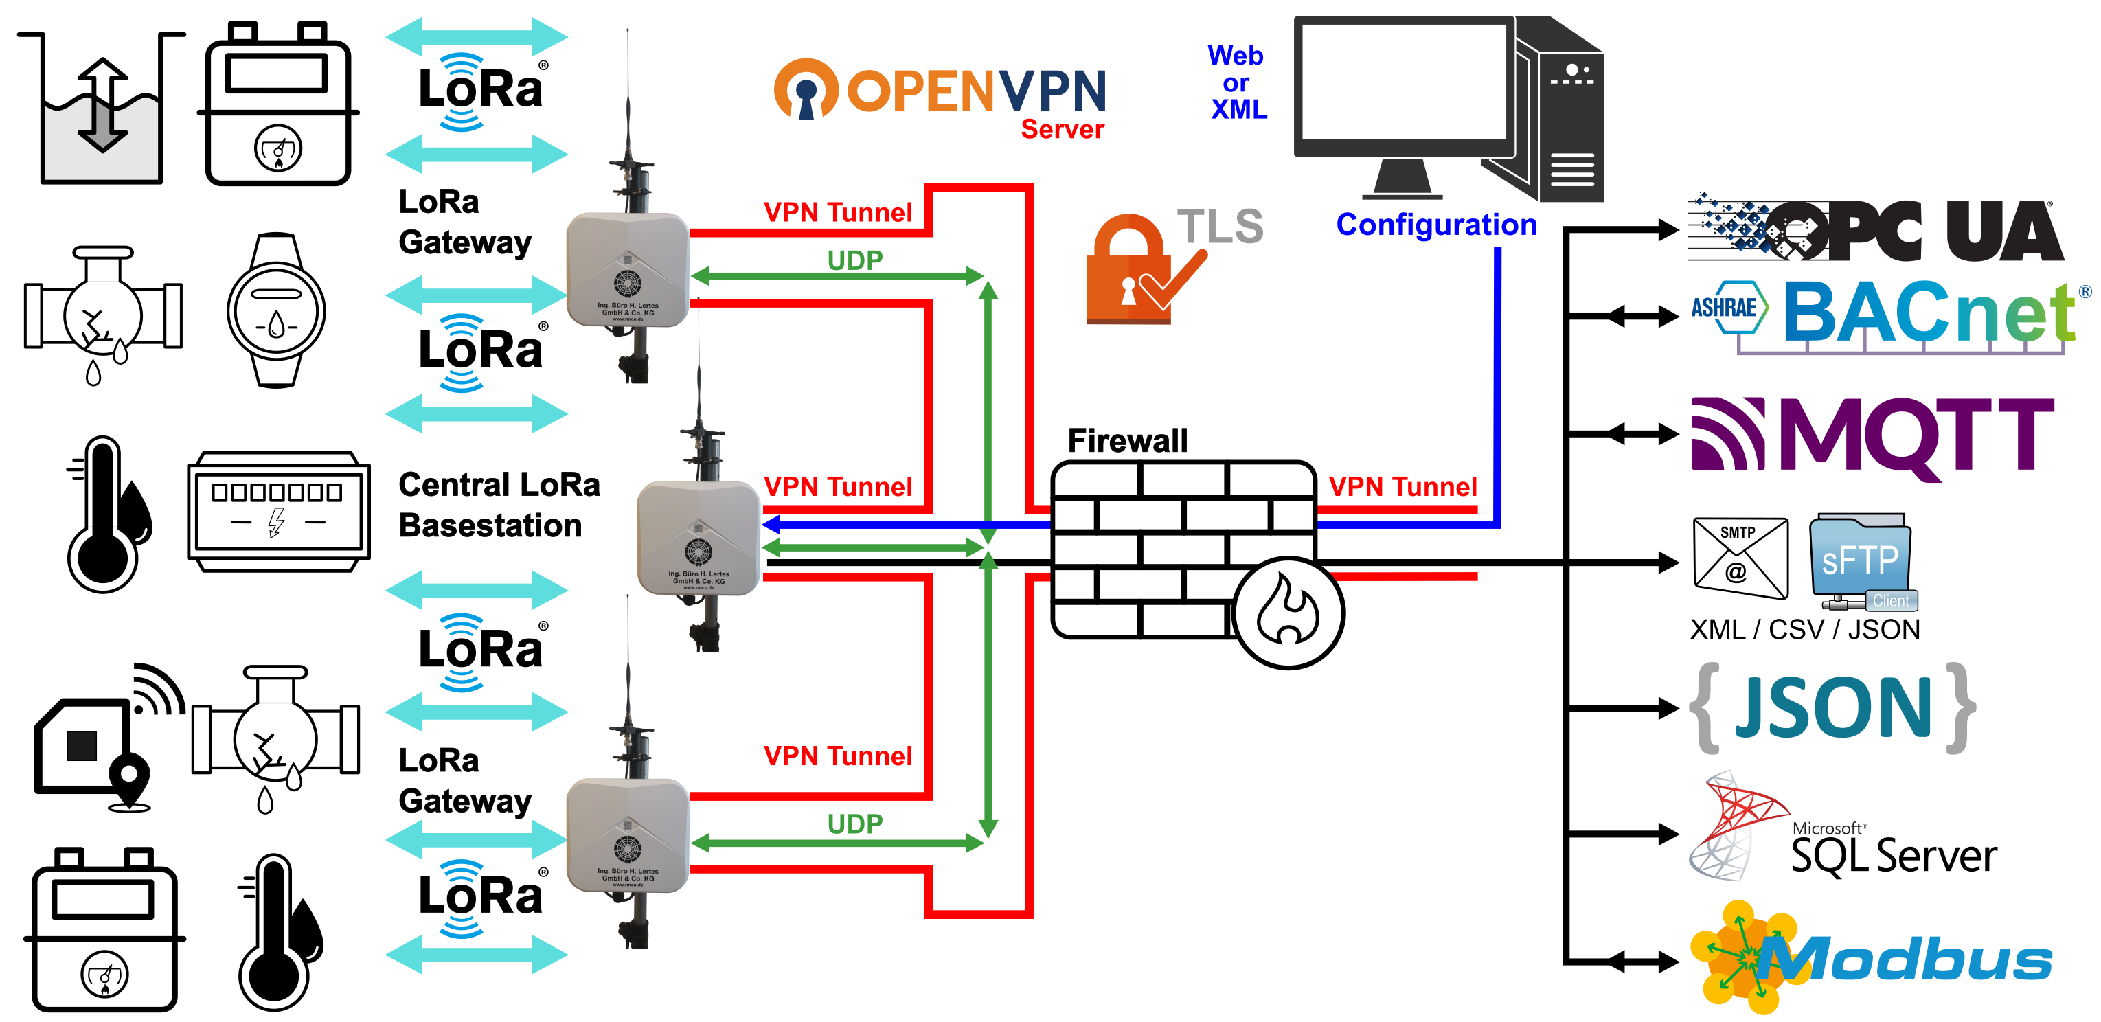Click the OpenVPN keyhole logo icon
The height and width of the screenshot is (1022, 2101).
(x=806, y=90)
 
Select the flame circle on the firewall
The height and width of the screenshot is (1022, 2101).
(x=1288, y=613)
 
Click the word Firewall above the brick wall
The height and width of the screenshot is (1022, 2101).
(x=1127, y=440)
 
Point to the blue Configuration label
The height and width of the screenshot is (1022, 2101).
(x=1435, y=225)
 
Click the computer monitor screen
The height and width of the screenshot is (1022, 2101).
(x=1402, y=82)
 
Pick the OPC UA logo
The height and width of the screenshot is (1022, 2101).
(x=1876, y=231)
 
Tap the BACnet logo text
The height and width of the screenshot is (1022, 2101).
(x=1929, y=314)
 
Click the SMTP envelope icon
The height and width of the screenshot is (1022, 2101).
(x=1740, y=558)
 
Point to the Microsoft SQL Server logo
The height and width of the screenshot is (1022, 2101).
(x=1843, y=832)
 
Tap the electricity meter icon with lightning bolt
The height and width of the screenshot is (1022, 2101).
(x=278, y=512)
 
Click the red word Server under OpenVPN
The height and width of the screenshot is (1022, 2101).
(x=1062, y=129)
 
